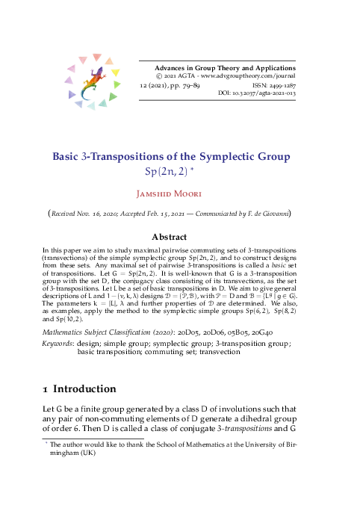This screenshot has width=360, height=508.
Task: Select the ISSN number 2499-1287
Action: [279, 86]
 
